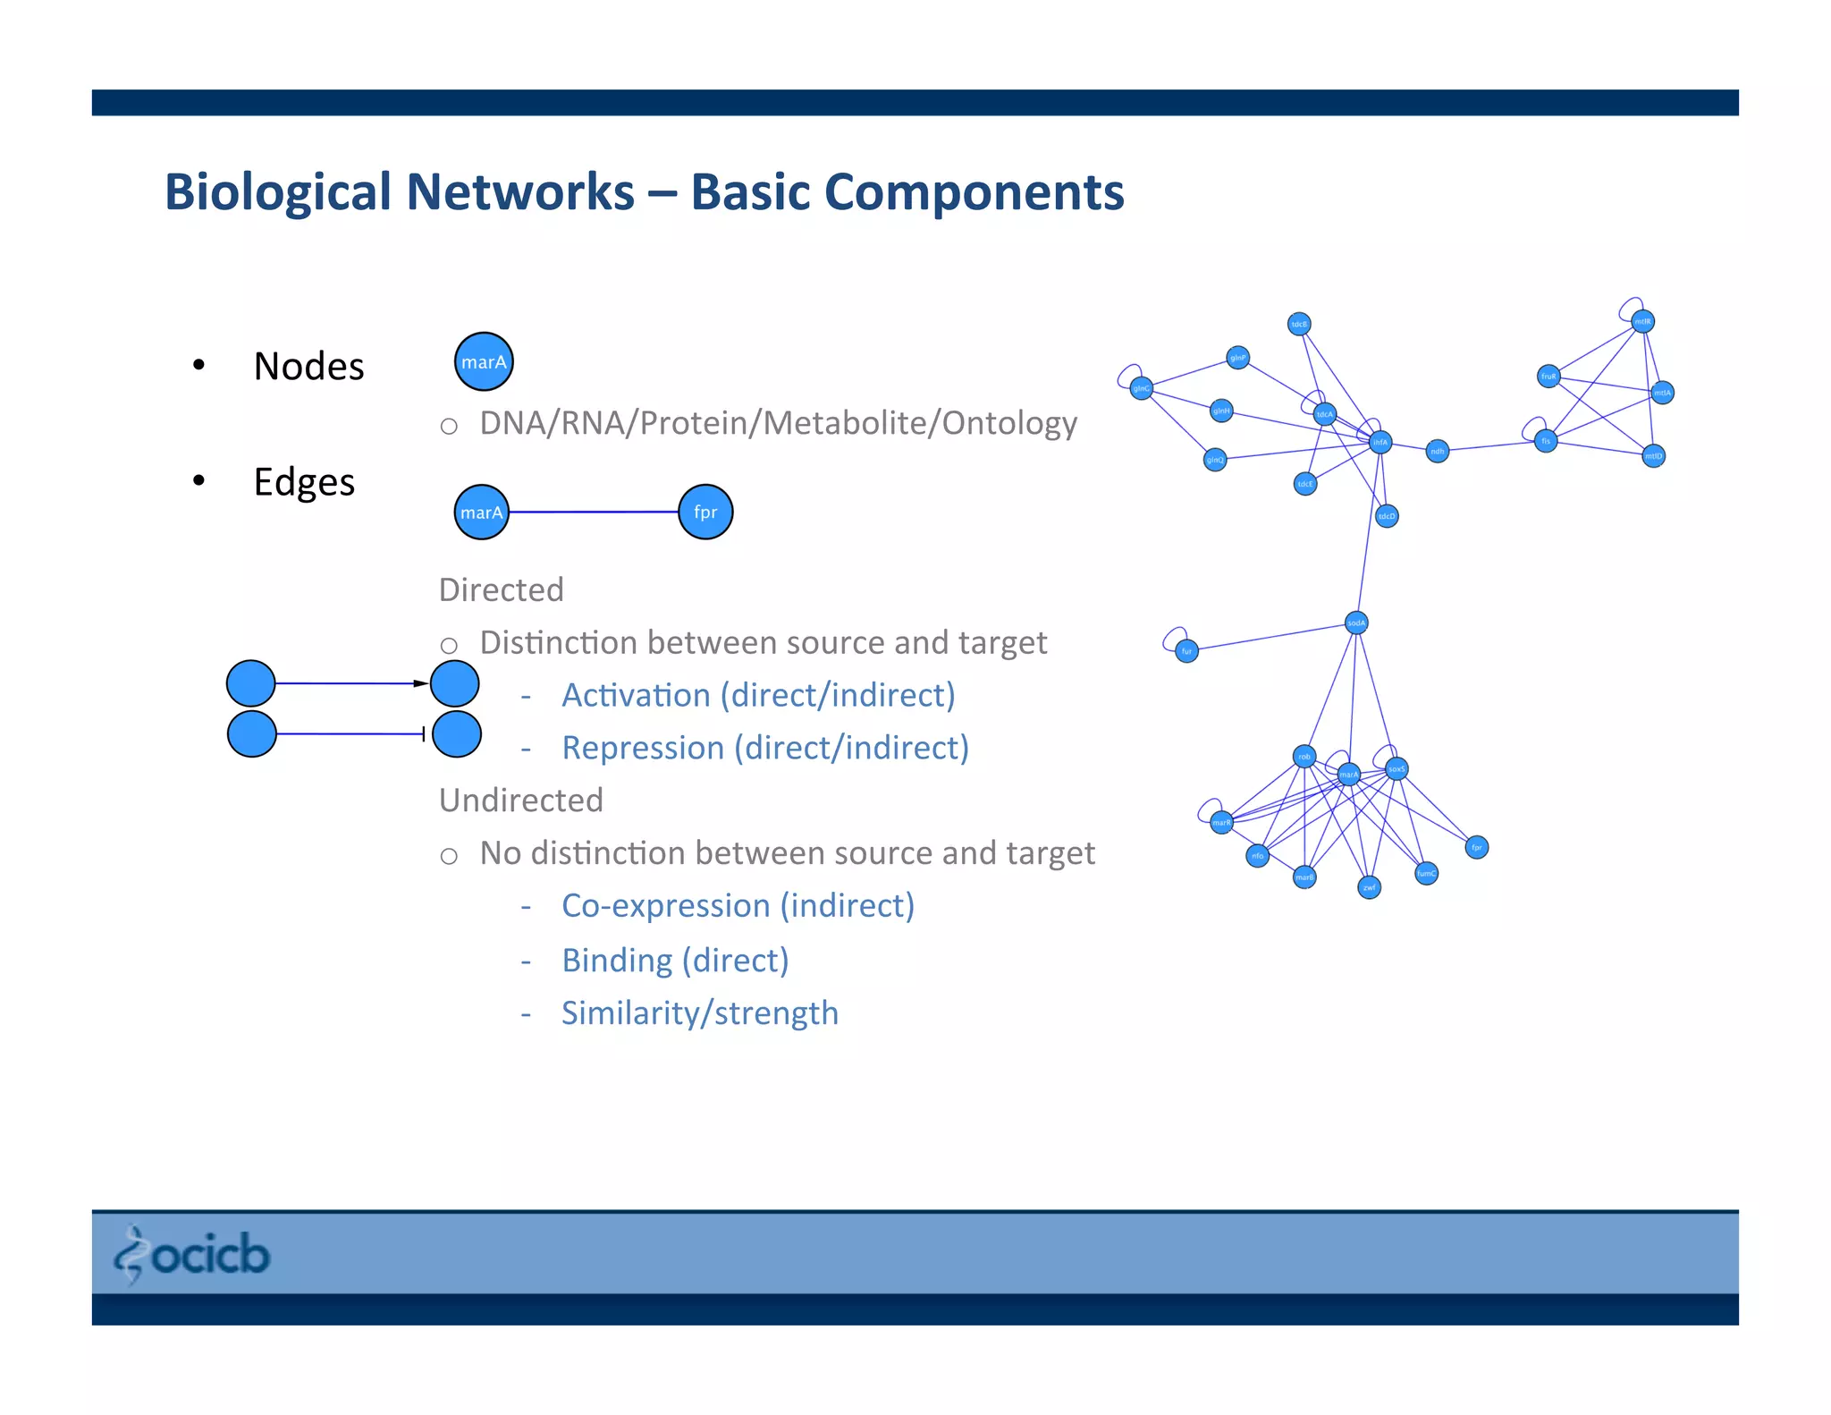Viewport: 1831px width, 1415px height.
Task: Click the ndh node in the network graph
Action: [x=1437, y=451]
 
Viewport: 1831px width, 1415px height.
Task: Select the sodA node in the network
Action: [x=1356, y=623]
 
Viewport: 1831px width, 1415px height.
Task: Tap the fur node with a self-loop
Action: [x=1186, y=651]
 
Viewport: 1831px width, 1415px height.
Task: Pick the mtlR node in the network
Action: [x=1642, y=321]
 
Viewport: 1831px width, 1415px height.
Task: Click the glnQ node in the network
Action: [x=1215, y=460]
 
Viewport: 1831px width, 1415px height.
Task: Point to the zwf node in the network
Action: [x=1369, y=887]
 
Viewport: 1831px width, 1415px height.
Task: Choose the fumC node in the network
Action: [x=1426, y=873]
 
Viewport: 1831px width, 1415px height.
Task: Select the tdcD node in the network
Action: [x=1386, y=516]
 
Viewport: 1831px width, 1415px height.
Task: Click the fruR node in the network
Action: [x=1548, y=377]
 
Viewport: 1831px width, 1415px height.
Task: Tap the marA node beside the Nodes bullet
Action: [x=484, y=362]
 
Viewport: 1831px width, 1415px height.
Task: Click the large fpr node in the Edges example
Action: [x=705, y=513]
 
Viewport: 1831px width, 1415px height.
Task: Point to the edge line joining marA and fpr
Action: [x=594, y=513]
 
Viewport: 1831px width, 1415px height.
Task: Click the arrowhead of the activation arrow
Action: [x=421, y=683]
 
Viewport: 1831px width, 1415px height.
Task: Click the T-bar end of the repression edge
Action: [x=423, y=734]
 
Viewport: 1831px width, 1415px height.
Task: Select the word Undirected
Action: [x=520, y=800]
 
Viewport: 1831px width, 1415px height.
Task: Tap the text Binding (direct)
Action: [x=674, y=960]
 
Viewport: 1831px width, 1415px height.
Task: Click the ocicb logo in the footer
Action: [x=191, y=1254]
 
